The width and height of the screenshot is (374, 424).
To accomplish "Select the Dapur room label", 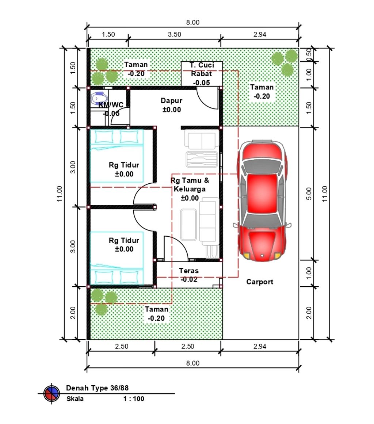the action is (171, 100).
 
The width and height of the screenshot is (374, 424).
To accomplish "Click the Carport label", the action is (260, 282).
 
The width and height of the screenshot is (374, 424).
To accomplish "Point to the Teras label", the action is (189, 270).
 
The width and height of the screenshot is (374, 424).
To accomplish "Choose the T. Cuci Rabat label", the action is (202, 69).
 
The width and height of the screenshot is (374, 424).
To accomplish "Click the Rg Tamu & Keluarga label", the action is (190, 185).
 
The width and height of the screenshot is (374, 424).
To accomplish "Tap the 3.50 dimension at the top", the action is (175, 34).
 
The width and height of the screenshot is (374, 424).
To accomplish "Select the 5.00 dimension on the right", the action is (309, 194).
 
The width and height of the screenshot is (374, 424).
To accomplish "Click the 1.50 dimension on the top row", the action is (108, 34).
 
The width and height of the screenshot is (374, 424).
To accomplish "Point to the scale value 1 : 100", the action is (134, 399).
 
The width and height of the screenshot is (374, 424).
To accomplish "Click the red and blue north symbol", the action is (51, 393).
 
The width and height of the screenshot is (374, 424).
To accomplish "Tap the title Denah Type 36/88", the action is (98, 388).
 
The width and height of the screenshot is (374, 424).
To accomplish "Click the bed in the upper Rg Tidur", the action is (117, 156).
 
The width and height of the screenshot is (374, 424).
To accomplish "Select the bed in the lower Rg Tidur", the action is (117, 258).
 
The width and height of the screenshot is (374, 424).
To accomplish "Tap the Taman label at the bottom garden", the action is (156, 309).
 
